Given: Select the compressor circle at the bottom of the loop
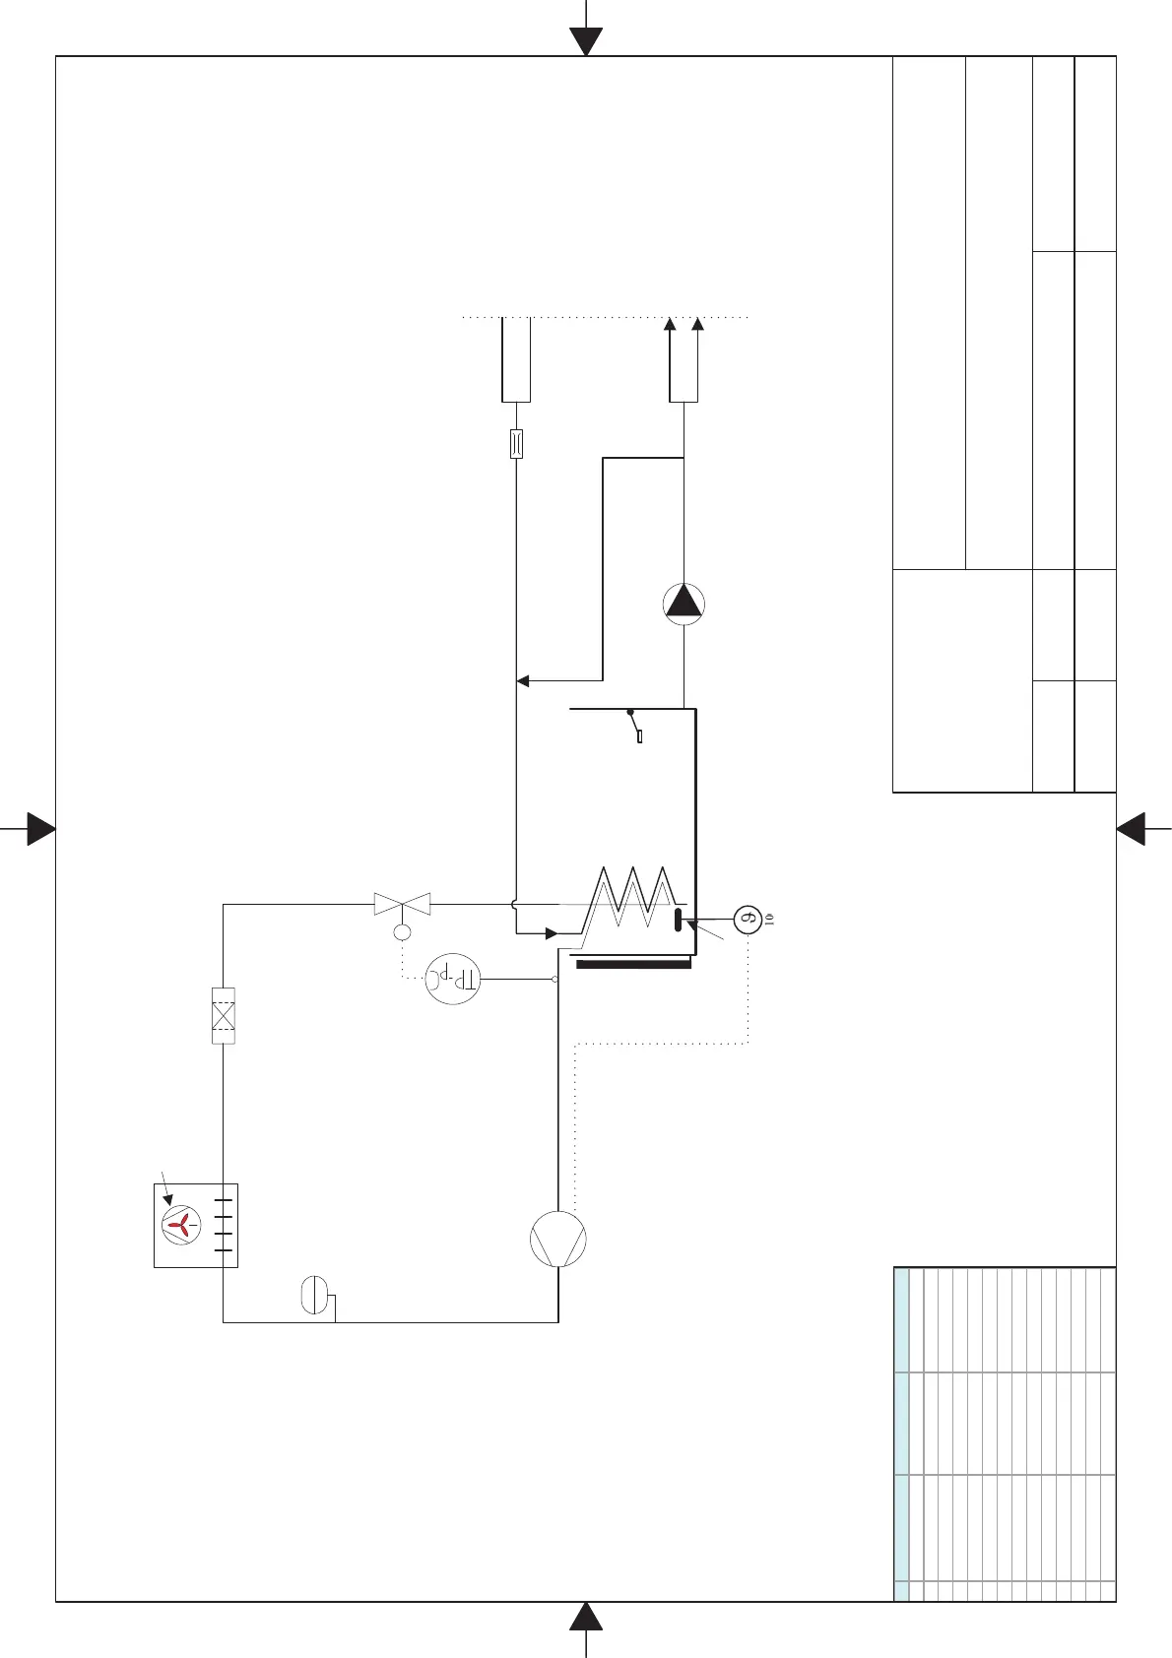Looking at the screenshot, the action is (558, 1240).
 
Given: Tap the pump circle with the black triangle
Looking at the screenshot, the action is (684, 605).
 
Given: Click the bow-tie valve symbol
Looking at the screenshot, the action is (403, 904).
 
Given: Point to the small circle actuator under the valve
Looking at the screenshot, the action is (402, 932).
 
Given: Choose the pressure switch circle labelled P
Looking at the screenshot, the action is (452, 980).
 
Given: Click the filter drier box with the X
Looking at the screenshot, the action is (224, 1015).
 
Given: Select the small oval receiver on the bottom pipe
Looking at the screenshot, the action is (312, 1294).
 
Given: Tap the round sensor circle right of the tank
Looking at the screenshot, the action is (748, 920).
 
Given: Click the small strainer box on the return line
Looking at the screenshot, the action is (516, 444).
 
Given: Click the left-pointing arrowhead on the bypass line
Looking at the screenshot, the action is (523, 680).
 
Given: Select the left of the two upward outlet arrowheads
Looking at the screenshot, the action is (670, 325).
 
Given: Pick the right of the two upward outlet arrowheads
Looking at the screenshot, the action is (698, 325).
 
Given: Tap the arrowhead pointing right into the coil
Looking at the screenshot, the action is (552, 933).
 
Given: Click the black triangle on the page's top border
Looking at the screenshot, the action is (586, 41).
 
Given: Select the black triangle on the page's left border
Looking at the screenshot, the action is (41, 829).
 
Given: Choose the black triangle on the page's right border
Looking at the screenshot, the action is (1131, 829).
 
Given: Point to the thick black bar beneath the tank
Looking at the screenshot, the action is (633, 965).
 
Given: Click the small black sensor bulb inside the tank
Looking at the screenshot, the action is (678, 920).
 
